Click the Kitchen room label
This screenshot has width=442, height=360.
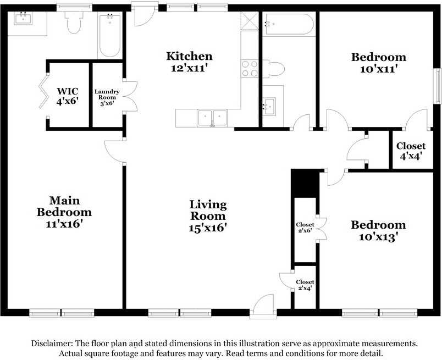[x=189, y=56]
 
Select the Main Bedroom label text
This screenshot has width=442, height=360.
[x=64, y=206]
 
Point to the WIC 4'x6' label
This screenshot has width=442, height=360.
[x=68, y=96]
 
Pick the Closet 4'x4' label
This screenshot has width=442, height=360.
[x=411, y=151]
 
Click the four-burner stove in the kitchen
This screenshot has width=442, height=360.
[x=250, y=68]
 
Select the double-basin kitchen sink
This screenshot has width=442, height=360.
[x=212, y=117]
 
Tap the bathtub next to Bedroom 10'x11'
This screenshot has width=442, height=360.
[x=288, y=24]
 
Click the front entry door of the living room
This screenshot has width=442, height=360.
[x=262, y=306]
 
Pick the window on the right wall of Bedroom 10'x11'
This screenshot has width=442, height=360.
[x=438, y=85]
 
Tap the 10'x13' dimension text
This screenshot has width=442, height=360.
[x=378, y=237]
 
